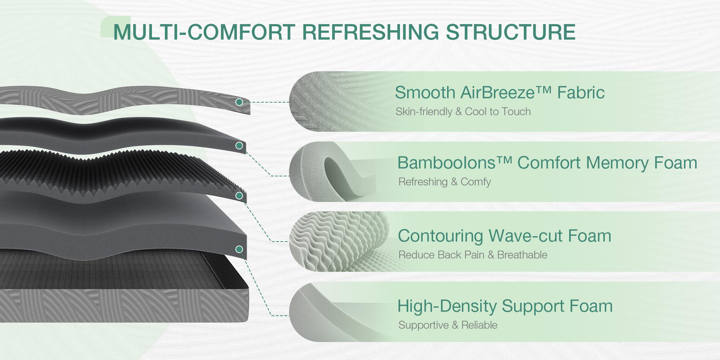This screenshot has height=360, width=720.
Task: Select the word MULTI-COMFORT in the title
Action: pyautogui.click(x=204, y=32)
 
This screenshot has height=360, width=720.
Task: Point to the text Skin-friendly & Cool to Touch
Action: pyautogui.click(x=463, y=112)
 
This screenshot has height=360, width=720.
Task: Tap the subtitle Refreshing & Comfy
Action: pyautogui.click(x=445, y=182)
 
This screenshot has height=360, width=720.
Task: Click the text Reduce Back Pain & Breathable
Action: pyautogui.click(x=473, y=255)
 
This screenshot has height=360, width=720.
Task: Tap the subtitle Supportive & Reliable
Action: pyautogui.click(x=448, y=325)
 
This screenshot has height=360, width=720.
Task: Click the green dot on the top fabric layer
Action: pyautogui.click(x=239, y=102)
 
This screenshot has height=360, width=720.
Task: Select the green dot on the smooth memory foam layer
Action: pyautogui.click(x=239, y=146)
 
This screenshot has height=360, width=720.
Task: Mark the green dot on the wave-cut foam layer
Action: pyautogui.click(x=239, y=196)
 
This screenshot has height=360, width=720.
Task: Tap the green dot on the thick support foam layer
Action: pyautogui.click(x=239, y=249)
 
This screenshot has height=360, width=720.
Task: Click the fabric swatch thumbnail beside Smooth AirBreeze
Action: pyautogui.click(x=324, y=102)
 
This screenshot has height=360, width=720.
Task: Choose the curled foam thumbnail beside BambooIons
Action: pyautogui.click(x=324, y=172)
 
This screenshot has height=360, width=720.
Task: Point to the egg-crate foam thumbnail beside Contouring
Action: pyautogui.click(x=324, y=241)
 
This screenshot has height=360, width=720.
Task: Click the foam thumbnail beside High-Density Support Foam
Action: pyautogui.click(x=324, y=312)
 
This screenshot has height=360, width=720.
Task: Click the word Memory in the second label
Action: pyautogui.click(x=617, y=163)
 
